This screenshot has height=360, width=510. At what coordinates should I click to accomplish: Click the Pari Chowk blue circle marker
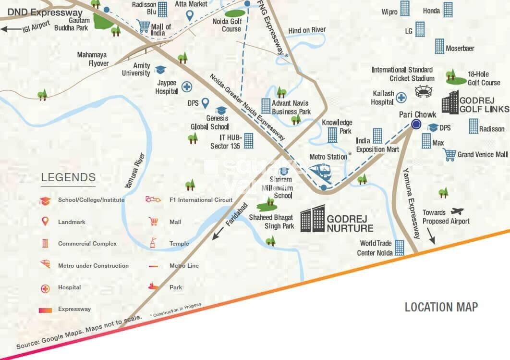(x=416, y=124)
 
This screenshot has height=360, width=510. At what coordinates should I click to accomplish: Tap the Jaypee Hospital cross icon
(x=186, y=87)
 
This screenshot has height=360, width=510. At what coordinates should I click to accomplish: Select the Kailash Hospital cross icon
(x=401, y=98)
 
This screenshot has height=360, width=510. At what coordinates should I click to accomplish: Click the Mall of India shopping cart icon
(x=143, y=26)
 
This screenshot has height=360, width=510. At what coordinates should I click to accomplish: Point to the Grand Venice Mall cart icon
(x=449, y=154)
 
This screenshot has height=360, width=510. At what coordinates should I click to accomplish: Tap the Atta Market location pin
(x=190, y=15)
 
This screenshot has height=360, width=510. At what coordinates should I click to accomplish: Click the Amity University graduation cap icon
(x=160, y=70)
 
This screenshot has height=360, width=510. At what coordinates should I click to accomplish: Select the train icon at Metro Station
(x=319, y=172)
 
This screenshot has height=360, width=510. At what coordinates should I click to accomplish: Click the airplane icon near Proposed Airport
(x=458, y=211)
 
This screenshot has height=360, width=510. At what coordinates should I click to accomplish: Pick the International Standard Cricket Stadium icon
(x=424, y=91)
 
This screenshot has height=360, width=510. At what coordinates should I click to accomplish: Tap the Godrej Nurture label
(x=350, y=223)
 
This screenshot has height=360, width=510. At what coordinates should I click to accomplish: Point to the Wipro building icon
(x=405, y=8)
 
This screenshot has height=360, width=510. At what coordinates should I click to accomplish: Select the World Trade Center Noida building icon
(x=400, y=248)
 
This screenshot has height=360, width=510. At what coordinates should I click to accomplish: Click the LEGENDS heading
(x=68, y=177)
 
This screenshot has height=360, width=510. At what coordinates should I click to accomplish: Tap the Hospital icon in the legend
(x=45, y=288)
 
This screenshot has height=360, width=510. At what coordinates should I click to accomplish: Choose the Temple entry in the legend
(x=179, y=244)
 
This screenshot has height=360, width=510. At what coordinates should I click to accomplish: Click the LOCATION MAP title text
(x=441, y=307)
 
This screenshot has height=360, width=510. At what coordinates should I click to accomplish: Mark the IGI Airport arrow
(x=11, y=28)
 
